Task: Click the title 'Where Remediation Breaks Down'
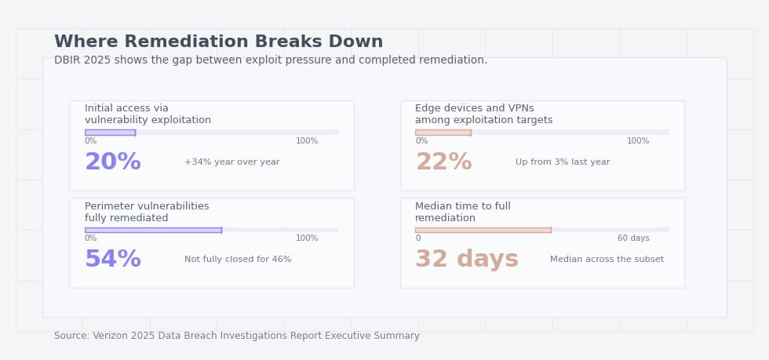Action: point(218,42)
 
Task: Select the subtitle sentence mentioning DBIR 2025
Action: point(270,60)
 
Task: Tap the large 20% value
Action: point(112,162)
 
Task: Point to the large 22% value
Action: point(443,162)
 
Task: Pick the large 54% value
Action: point(112,260)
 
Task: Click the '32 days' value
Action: point(466,260)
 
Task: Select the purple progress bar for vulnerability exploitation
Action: point(110,133)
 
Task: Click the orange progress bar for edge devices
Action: point(443,133)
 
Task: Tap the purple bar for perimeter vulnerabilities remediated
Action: point(153,230)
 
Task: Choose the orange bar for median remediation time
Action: point(483,230)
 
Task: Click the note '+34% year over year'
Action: point(231,162)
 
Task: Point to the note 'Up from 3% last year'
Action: point(562,162)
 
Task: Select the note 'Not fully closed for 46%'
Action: point(238,260)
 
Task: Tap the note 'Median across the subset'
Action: point(607,260)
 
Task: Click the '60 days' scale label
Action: point(633,238)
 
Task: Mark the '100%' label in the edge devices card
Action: point(637,141)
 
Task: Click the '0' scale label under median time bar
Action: point(417,238)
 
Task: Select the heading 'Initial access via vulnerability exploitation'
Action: point(148,115)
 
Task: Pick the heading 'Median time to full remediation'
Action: point(462,212)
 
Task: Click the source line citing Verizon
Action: point(236,336)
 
